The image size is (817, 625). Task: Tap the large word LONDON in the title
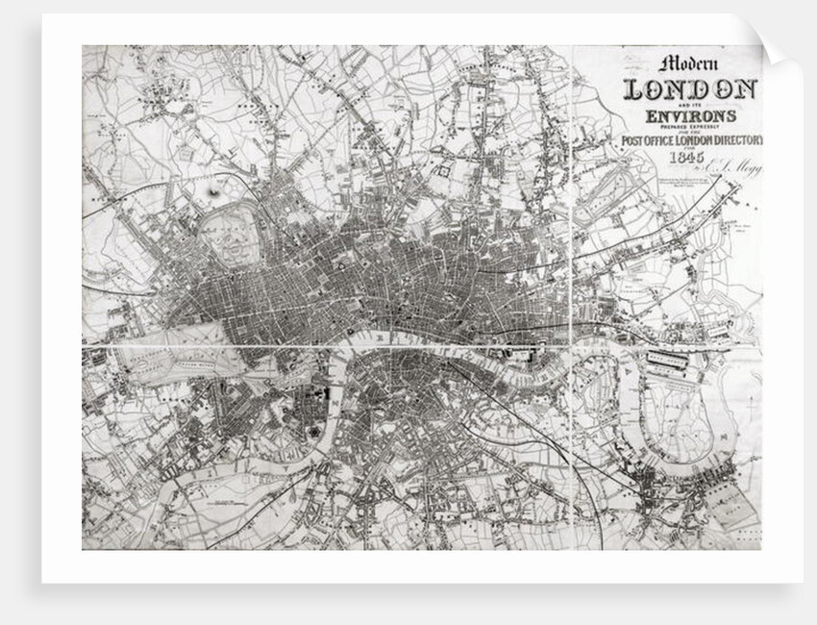coord(690,89)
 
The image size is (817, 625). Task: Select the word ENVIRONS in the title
coord(691,116)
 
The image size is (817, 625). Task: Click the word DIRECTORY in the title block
coord(733,141)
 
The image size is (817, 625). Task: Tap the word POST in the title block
coord(633,141)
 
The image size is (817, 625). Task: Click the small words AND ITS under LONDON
coord(690,104)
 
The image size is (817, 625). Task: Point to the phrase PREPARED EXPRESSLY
coord(691,127)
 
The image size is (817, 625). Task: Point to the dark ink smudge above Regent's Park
coord(213,194)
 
